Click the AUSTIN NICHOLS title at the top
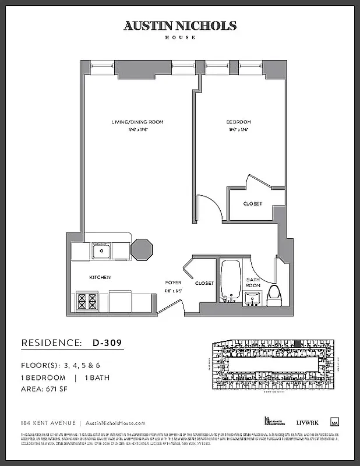click(179, 26)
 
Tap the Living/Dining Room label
click(137, 122)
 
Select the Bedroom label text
click(238, 122)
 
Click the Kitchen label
click(100, 277)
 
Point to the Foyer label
click(173, 283)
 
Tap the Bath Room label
click(252, 283)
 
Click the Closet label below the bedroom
click(253, 204)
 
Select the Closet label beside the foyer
click(204, 283)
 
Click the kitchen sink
click(101, 252)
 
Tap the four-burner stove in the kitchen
click(87, 302)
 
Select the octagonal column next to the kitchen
click(142, 249)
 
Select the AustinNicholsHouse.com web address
click(115, 423)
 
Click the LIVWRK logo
click(306, 422)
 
